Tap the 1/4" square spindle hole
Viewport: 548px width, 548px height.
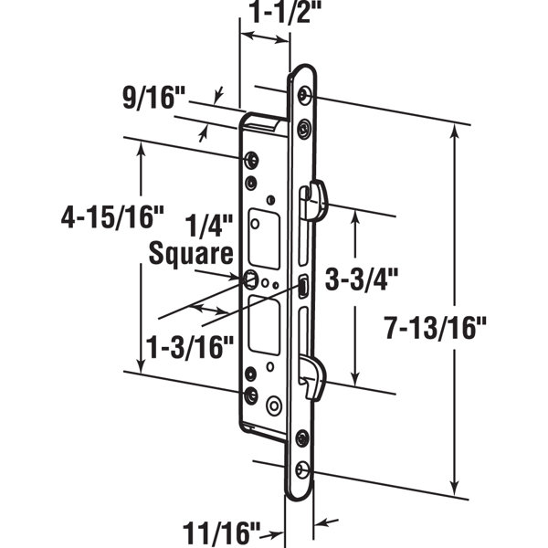point(249,279)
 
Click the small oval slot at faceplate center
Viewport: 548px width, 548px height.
point(302,290)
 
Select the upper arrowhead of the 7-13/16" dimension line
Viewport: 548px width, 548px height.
point(454,133)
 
